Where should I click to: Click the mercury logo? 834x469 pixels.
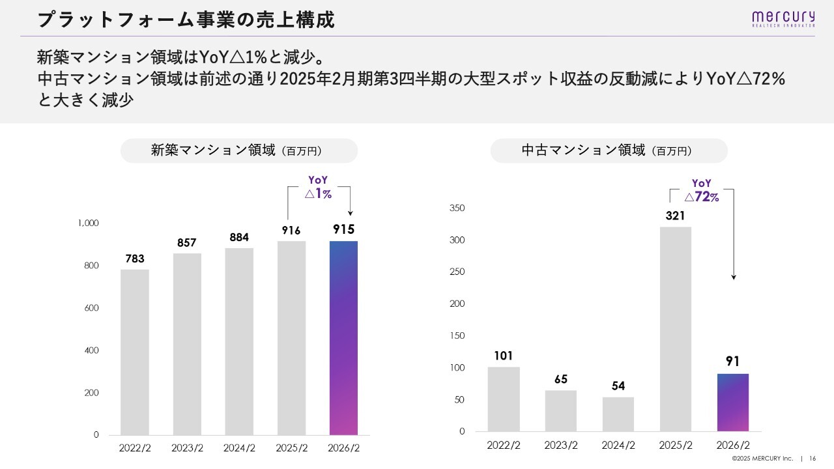tap(783, 19)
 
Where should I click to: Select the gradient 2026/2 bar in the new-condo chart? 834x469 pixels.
tap(343, 338)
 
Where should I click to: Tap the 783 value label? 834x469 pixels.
tap(135, 259)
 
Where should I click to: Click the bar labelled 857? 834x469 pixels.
tap(187, 345)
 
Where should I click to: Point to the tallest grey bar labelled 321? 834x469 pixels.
tap(676, 329)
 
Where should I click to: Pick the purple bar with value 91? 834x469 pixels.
tap(733, 403)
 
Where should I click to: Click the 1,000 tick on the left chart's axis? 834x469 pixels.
tap(88, 223)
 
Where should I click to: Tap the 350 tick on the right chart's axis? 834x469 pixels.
tap(457, 208)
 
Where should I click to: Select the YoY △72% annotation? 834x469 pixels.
tap(702, 190)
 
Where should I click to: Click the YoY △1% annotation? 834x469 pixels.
tap(318, 187)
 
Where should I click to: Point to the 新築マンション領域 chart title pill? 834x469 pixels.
tap(239, 150)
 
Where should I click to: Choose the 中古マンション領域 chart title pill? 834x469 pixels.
tap(609, 150)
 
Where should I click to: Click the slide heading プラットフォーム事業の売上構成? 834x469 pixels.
tap(186, 20)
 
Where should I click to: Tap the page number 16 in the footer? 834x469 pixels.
tap(812, 458)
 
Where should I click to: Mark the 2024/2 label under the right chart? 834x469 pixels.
tap(618, 445)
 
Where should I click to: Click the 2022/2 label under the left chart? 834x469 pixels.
tap(135, 448)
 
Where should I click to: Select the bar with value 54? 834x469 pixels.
tap(618, 414)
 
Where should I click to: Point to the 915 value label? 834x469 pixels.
tap(343, 229)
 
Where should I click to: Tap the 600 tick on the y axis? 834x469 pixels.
tap(92, 308)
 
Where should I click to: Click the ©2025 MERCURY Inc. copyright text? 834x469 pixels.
tap(762, 458)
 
